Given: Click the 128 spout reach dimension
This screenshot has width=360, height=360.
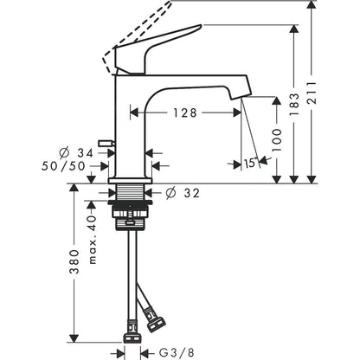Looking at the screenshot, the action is [185, 112].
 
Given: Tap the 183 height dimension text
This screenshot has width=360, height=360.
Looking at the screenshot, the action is [293, 104].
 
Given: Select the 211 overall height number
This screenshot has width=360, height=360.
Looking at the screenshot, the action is [312, 93].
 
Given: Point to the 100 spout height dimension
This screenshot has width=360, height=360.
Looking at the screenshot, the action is [276, 140].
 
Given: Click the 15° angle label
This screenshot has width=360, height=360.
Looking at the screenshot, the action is [251, 163].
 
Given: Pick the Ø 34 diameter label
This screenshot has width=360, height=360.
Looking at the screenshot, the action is [76, 153].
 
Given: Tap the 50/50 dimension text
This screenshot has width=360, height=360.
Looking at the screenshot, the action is [63, 166].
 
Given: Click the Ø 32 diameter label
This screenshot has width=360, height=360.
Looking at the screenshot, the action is [183, 193].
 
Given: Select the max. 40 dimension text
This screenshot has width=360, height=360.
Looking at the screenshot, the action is [92, 240].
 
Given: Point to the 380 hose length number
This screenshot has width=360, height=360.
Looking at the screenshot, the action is [74, 262].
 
